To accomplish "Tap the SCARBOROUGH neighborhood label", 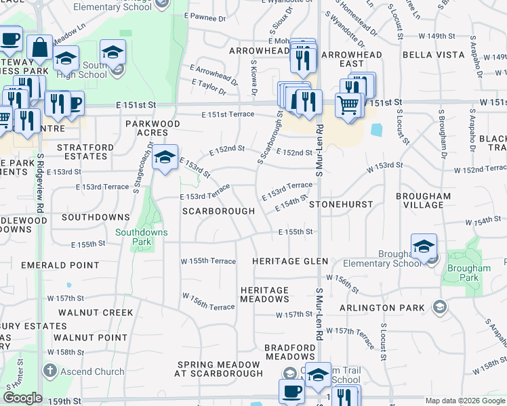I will (x=218, y=211).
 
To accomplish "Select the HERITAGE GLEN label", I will (x=290, y=261).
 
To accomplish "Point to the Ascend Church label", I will (x=92, y=371).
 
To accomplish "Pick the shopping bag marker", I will (x=40, y=48).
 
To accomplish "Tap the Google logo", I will (x=23, y=398).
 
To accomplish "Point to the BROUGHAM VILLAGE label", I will (x=424, y=201).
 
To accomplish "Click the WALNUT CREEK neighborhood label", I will (x=96, y=313).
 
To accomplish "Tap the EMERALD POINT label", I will (x=51, y=266).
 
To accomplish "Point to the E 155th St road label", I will (x=296, y=231).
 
